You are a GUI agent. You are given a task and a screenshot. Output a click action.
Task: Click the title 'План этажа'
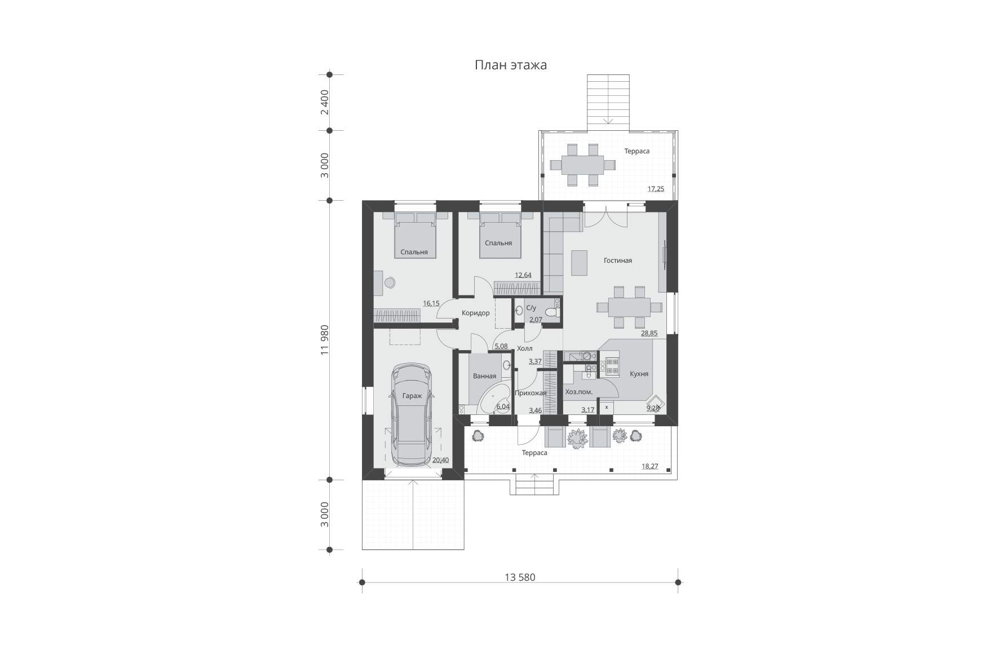pos(511,65)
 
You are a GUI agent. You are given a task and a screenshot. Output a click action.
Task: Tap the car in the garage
pos(412,414)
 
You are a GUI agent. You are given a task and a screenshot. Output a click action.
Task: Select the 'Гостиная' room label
pos(618,260)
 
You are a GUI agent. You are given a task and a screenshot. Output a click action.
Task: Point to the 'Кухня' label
pos(639,374)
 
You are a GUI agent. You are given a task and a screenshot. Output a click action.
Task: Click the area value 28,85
pos(649,333)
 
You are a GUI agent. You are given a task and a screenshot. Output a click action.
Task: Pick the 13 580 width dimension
pos(520,577)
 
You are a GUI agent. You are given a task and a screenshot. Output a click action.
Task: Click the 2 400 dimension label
pos(324,102)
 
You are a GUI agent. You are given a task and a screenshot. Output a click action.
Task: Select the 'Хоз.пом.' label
pos(578,392)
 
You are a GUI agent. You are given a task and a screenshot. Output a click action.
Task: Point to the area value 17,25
pos(656,189)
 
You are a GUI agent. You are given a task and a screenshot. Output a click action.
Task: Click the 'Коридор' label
pos(476,313)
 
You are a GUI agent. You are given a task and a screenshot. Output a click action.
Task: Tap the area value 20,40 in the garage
pos(440,460)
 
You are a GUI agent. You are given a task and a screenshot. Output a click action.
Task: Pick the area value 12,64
pos(523,275)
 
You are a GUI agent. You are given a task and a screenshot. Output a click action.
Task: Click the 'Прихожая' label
pos(531,393)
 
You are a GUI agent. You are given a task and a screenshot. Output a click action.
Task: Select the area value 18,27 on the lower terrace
pos(650,466)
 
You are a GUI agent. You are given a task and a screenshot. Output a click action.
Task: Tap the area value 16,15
pos(431,303)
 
